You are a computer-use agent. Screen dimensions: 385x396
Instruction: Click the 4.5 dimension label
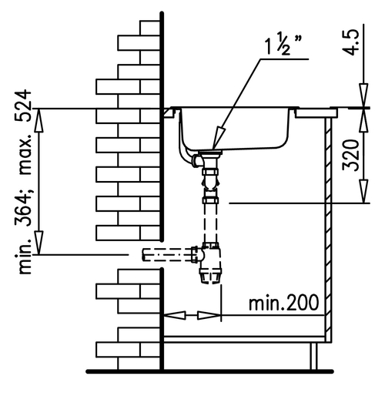point(351,42)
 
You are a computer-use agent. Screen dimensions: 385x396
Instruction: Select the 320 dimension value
point(350,155)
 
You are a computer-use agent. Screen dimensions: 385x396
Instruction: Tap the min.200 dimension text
point(283,303)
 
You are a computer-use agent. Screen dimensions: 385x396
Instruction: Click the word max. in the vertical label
point(25,154)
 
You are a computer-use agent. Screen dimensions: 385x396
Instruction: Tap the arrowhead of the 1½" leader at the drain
point(218,138)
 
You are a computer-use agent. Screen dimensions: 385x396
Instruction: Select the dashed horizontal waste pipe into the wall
point(167,255)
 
